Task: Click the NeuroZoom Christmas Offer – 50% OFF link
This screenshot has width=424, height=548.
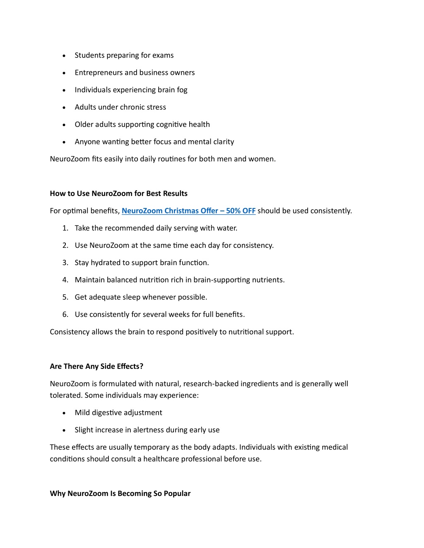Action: (188, 211)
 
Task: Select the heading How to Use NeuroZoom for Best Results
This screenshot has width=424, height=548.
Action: (118, 194)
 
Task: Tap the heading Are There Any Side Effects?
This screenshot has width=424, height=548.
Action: (96, 366)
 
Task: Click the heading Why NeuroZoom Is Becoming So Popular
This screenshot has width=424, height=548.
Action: (120, 493)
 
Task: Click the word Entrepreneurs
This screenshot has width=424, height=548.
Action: (99, 73)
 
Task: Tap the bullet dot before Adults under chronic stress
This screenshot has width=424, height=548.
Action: (64, 108)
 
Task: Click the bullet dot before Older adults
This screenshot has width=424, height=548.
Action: (64, 125)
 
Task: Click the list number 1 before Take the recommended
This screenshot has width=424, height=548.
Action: (65, 228)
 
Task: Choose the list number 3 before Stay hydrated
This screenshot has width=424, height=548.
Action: (65, 263)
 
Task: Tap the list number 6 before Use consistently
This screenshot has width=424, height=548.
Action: (65, 315)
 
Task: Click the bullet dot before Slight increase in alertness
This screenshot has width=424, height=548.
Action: (64, 431)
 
